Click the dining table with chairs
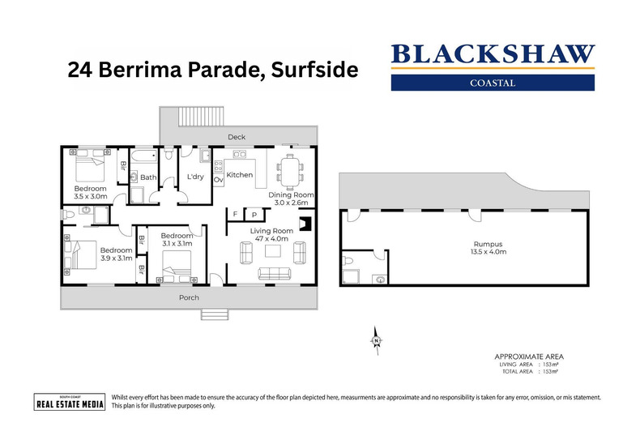pyautogui.click(x=289, y=171)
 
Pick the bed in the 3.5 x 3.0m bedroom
pyautogui.click(x=88, y=169)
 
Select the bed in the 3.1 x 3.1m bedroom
pyautogui.click(x=176, y=264)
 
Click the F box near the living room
pyautogui.click(x=235, y=215)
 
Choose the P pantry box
pyautogui.click(x=254, y=215)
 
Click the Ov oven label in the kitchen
pyautogui.click(x=218, y=180)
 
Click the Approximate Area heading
pyautogui.click(x=528, y=357)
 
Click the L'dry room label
pyautogui.click(x=194, y=176)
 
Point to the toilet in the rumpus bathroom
pyautogui.click(x=349, y=262)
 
